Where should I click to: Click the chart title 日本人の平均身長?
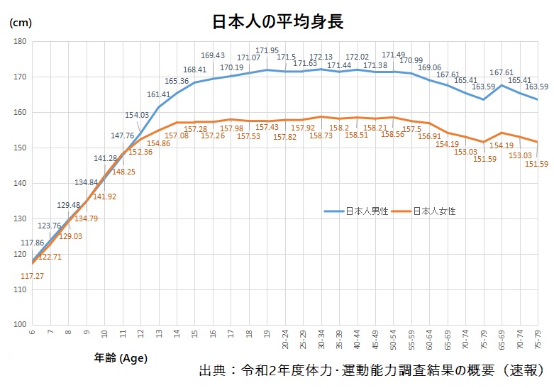point(278,21)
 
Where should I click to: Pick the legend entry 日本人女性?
point(433,211)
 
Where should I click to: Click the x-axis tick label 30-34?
point(322,340)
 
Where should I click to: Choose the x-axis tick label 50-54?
point(394,340)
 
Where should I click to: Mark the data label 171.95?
point(267,50)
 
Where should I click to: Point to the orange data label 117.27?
point(33,276)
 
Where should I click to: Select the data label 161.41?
point(158,94)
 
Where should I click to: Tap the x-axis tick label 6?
point(32,331)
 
